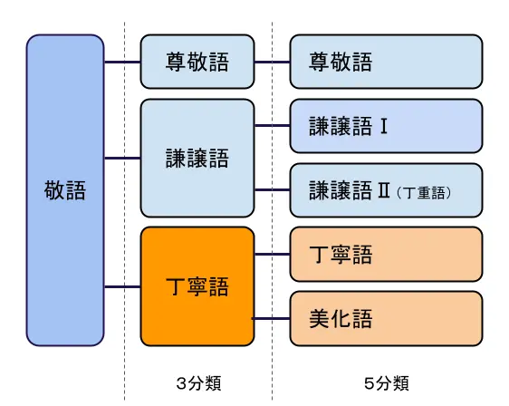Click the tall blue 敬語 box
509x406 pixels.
(x=65, y=190)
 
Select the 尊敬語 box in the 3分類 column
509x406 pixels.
(x=197, y=63)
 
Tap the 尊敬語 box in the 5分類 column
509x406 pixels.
(x=385, y=63)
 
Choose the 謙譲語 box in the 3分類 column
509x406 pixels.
(x=197, y=158)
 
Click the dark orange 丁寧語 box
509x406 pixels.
(x=197, y=286)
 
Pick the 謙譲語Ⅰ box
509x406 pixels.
(x=385, y=126)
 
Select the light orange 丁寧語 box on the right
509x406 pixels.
(x=385, y=255)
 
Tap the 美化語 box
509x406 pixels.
(x=385, y=319)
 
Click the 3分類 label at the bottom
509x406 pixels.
(x=197, y=383)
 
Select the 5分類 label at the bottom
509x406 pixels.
(x=386, y=383)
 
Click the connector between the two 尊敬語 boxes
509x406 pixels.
(x=272, y=63)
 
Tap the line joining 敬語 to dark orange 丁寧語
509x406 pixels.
(x=122, y=286)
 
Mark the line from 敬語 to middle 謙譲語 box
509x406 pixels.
(x=122, y=158)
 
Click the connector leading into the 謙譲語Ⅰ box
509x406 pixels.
(x=272, y=126)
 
